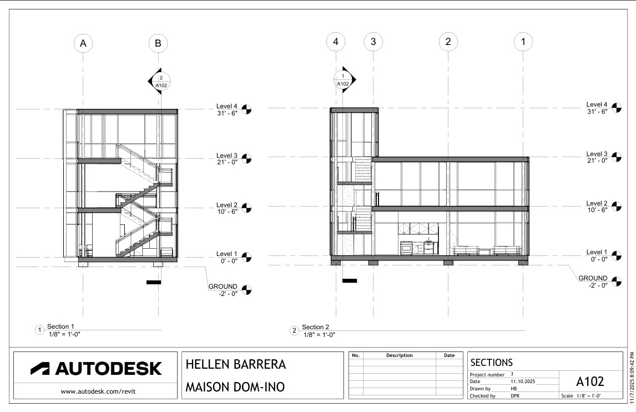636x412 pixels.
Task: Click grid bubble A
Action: coord(83,43)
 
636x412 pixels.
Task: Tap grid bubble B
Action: coord(158,43)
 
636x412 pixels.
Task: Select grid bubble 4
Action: coord(336,42)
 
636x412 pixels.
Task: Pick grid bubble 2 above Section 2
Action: coord(448,42)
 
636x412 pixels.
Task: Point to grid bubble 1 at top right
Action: coord(523,42)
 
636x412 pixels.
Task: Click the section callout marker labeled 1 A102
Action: coord(345,80)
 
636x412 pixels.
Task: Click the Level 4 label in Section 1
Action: coord(227,107)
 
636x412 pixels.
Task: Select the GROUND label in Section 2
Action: coord(593,278)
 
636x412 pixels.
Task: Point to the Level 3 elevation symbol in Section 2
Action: coord(617,157)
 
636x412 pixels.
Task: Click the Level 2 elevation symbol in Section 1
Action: coord(246,208)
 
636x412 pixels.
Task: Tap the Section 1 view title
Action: coord(60,326)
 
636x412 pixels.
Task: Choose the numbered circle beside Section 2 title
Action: coord(295,331)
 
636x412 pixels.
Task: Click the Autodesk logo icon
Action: coord(40,368)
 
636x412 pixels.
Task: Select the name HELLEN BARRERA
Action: coord(236,364)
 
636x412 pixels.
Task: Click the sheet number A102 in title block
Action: coord(590,381)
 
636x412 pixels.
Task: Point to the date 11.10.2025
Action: coord(523,381)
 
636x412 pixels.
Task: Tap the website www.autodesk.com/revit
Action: coord(98,391)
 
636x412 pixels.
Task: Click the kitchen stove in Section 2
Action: coord(406,248)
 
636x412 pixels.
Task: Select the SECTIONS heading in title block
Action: coord(492,363)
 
